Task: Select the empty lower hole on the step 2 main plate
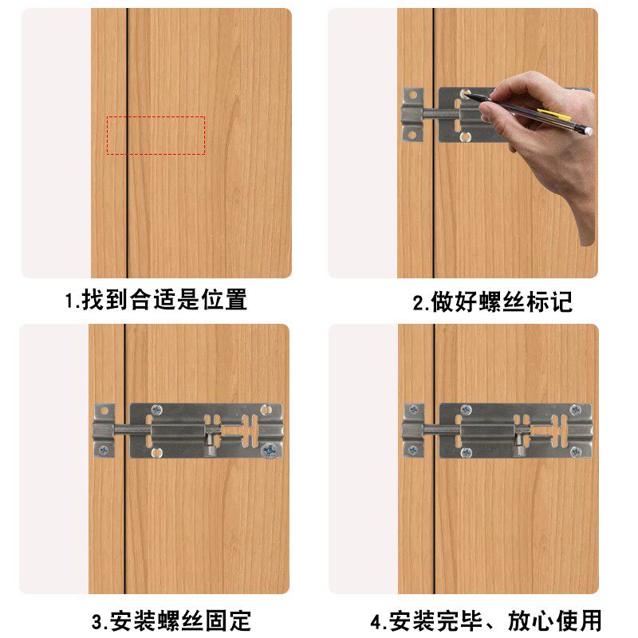pyautogui.click(x=465, y=136)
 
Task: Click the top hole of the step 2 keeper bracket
pyautogui.click(x=412, y=95)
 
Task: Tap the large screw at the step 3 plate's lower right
pyautogui.click(x=269, y=451)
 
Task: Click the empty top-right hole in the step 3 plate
pyautogui.click(x=266, y=409)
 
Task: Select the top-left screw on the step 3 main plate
pyautogui.click(x=156, y=409)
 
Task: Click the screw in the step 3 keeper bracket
pyautogui.click(x=104, y=450)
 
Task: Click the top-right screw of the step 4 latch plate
pyautogui.click(x=575, y=409)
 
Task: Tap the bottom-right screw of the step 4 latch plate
pyautogui.click(x=575, y=451)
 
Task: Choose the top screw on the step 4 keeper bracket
pyautogui.click(x=413, y=409)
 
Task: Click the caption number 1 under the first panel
pyautogui.click(x=69, y=301)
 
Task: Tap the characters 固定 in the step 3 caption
pyautogui.click(x=228, y=620)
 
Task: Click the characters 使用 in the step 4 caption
pyautogui.click(x=578, y=620)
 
